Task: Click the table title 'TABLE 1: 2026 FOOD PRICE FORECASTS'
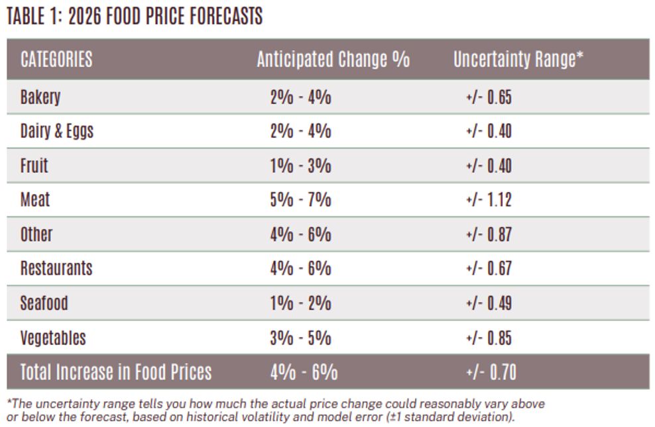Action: (x=135, y=17)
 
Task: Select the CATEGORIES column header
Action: (x=56, y=60)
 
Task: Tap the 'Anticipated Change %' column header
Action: (x=333, y=60)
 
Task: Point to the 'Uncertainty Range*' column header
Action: (x=518, y=60)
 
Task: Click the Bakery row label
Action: (x=40, y=97)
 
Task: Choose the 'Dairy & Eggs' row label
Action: (x=57, y=131)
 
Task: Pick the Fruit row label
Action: (x=34, y=166)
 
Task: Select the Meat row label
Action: (x=35, y=200)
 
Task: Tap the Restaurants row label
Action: (x=56, y=269)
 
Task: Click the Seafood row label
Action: (x=44, y=303)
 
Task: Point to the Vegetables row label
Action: (x=53, y=338)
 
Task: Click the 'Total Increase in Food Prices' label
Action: (x=116, y=372)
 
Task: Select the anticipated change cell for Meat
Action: (x=300, y=200)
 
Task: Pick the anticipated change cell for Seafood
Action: (x=300, y=303)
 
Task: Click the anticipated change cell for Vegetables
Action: (x=300, y=338)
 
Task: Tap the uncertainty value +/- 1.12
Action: (x=489, y=200)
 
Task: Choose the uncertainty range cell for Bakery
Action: (x=489, y=97)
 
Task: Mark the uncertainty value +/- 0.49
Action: (x=489, y=303)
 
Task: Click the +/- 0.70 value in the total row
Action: (x=491, y=372)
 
